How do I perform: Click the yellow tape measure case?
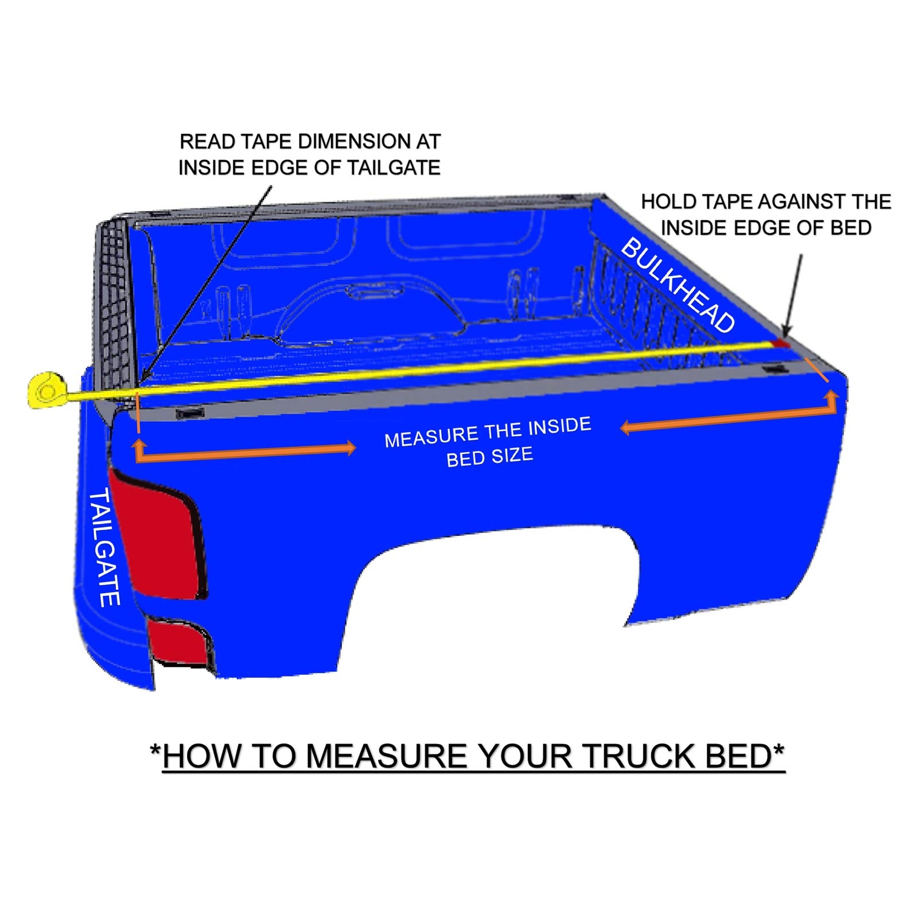46,390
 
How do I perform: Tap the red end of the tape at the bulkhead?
780,343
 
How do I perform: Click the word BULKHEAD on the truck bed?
678,285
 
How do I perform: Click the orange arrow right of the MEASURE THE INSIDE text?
729,416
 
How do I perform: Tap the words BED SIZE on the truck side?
489,457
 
